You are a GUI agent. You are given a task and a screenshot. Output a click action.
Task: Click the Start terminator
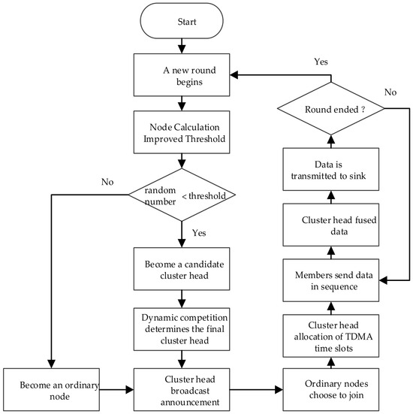point(182,21)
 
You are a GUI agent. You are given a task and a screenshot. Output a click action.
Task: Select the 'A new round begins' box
point(182,75)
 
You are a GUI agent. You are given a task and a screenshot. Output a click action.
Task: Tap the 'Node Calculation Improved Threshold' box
point(182,132)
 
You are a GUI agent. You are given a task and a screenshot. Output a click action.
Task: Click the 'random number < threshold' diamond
point(182,195)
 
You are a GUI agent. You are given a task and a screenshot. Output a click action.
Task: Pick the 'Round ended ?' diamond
point(331,108)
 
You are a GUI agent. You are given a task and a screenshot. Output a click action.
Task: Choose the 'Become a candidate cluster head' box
point(182,269)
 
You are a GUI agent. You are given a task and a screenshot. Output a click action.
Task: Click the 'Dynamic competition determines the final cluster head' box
point(182,329)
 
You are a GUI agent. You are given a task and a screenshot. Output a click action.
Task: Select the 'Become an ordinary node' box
point(52,390)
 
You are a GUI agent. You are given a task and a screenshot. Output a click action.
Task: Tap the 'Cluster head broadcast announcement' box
point(182,390)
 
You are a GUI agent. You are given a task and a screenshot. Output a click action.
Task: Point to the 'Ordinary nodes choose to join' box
point(331,390)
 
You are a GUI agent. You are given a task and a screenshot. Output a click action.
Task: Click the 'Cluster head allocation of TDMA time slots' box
point(331,336)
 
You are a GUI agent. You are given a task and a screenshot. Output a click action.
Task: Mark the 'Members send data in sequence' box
point(331,280)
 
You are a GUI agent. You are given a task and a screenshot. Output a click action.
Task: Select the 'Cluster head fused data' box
point(331,225)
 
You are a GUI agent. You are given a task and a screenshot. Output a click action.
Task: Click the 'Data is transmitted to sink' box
point(331,169)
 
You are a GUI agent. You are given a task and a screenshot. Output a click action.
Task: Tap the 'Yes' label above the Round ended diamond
point(321,62)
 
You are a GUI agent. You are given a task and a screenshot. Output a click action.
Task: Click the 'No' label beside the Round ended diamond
point(390,92)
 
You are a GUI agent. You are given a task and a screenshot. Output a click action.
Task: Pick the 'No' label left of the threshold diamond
point(107,182)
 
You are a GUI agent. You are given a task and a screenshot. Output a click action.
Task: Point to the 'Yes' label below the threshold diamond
point(199,233)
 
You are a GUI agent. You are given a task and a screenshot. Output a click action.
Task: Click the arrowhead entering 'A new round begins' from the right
point(234,75)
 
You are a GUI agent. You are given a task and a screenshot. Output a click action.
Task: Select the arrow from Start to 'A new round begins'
point(182,46)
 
